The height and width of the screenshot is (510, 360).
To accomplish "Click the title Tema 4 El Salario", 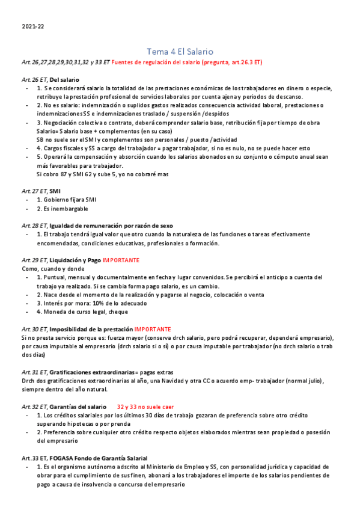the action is [x=180, y=52].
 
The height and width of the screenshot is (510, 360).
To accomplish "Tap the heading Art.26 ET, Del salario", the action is [x=49, y=79].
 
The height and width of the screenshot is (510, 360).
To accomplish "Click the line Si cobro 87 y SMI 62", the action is [x=102, y=174].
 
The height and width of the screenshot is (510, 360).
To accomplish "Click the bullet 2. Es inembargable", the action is [x=63, y=209].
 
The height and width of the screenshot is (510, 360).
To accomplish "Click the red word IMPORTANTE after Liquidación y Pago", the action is [x=121, y=260].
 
